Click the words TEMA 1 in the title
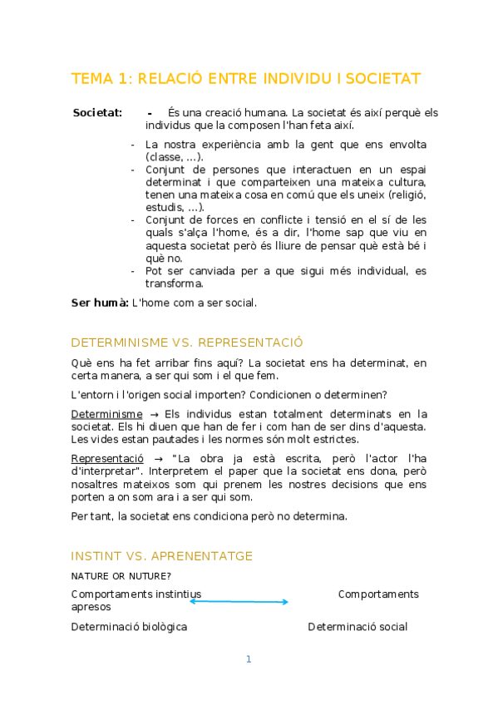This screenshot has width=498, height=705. coord(101,79)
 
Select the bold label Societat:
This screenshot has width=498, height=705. coord(97,112)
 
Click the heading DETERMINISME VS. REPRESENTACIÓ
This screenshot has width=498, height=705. coord(187,343)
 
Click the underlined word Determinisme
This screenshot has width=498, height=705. coord(106,414)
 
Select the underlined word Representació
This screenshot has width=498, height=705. coord(107,458)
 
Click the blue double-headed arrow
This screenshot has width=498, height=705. coord(239,601)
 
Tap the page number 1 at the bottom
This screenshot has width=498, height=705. coord(248,659)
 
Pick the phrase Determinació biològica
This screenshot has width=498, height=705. coord(129,627)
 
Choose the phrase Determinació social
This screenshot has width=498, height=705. coord(357,627)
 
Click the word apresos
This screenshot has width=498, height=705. coord(91,607)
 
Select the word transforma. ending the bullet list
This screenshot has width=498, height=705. coord(175,283)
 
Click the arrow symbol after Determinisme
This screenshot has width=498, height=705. coord(154,414)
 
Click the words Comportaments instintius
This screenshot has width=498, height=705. coord(136,594)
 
